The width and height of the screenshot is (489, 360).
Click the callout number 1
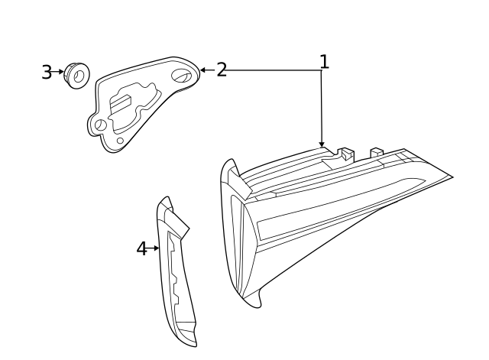point(324,61)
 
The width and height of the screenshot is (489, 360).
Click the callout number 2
point(222,70)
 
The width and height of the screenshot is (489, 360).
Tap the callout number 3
point(47,73)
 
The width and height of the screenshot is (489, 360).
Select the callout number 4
point(141,248)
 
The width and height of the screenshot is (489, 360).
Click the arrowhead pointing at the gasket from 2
point(202,70)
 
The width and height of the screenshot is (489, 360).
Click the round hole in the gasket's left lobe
point(100,125)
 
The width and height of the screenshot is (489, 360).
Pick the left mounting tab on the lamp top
point(347,153)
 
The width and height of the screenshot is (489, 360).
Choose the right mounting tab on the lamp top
point(377,151)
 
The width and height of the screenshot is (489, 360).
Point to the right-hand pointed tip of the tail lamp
point(451,177)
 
